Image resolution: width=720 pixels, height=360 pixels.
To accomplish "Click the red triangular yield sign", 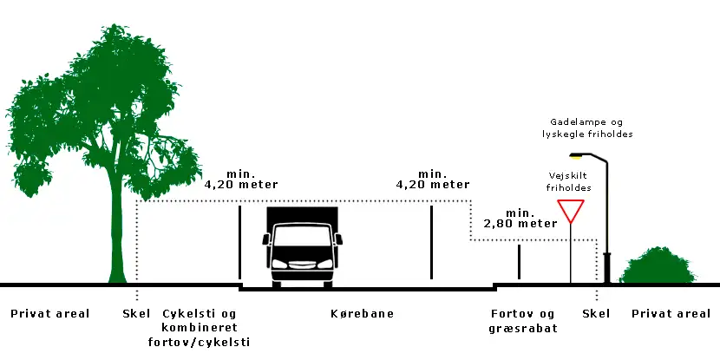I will [x=570, y=210].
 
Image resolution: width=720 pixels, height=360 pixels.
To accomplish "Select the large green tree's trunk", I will [x=116, y=234].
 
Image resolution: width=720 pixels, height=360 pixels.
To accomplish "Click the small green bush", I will [x=658, y=266].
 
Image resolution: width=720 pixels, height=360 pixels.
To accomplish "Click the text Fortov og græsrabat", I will [x=522, y=320].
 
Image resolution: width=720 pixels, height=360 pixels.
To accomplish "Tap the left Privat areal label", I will [x=50, y=313].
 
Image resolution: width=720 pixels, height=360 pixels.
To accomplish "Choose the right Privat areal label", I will [x=672, y=313].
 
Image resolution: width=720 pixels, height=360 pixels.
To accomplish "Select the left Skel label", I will [x=137, y=313].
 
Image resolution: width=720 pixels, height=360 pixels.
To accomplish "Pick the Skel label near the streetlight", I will [x=597, y=313].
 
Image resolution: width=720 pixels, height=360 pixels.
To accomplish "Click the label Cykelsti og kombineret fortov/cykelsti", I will [x=206, y=327].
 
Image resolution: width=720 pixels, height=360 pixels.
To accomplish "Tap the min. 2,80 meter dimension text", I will [x=519, y=218].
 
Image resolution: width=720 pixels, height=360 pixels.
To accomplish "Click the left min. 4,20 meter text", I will [x=239, y=179].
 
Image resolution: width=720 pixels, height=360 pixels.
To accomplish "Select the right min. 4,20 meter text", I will [x=432, y=179].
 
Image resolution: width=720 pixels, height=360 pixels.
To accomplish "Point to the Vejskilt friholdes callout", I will [x=569, y=180].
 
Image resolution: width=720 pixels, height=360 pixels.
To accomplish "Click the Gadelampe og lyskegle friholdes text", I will [x=586, y=128].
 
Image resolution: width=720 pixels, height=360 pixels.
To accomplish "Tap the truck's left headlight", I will [x=279, y=263].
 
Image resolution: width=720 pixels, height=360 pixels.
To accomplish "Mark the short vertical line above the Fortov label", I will [x=519, y=263].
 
